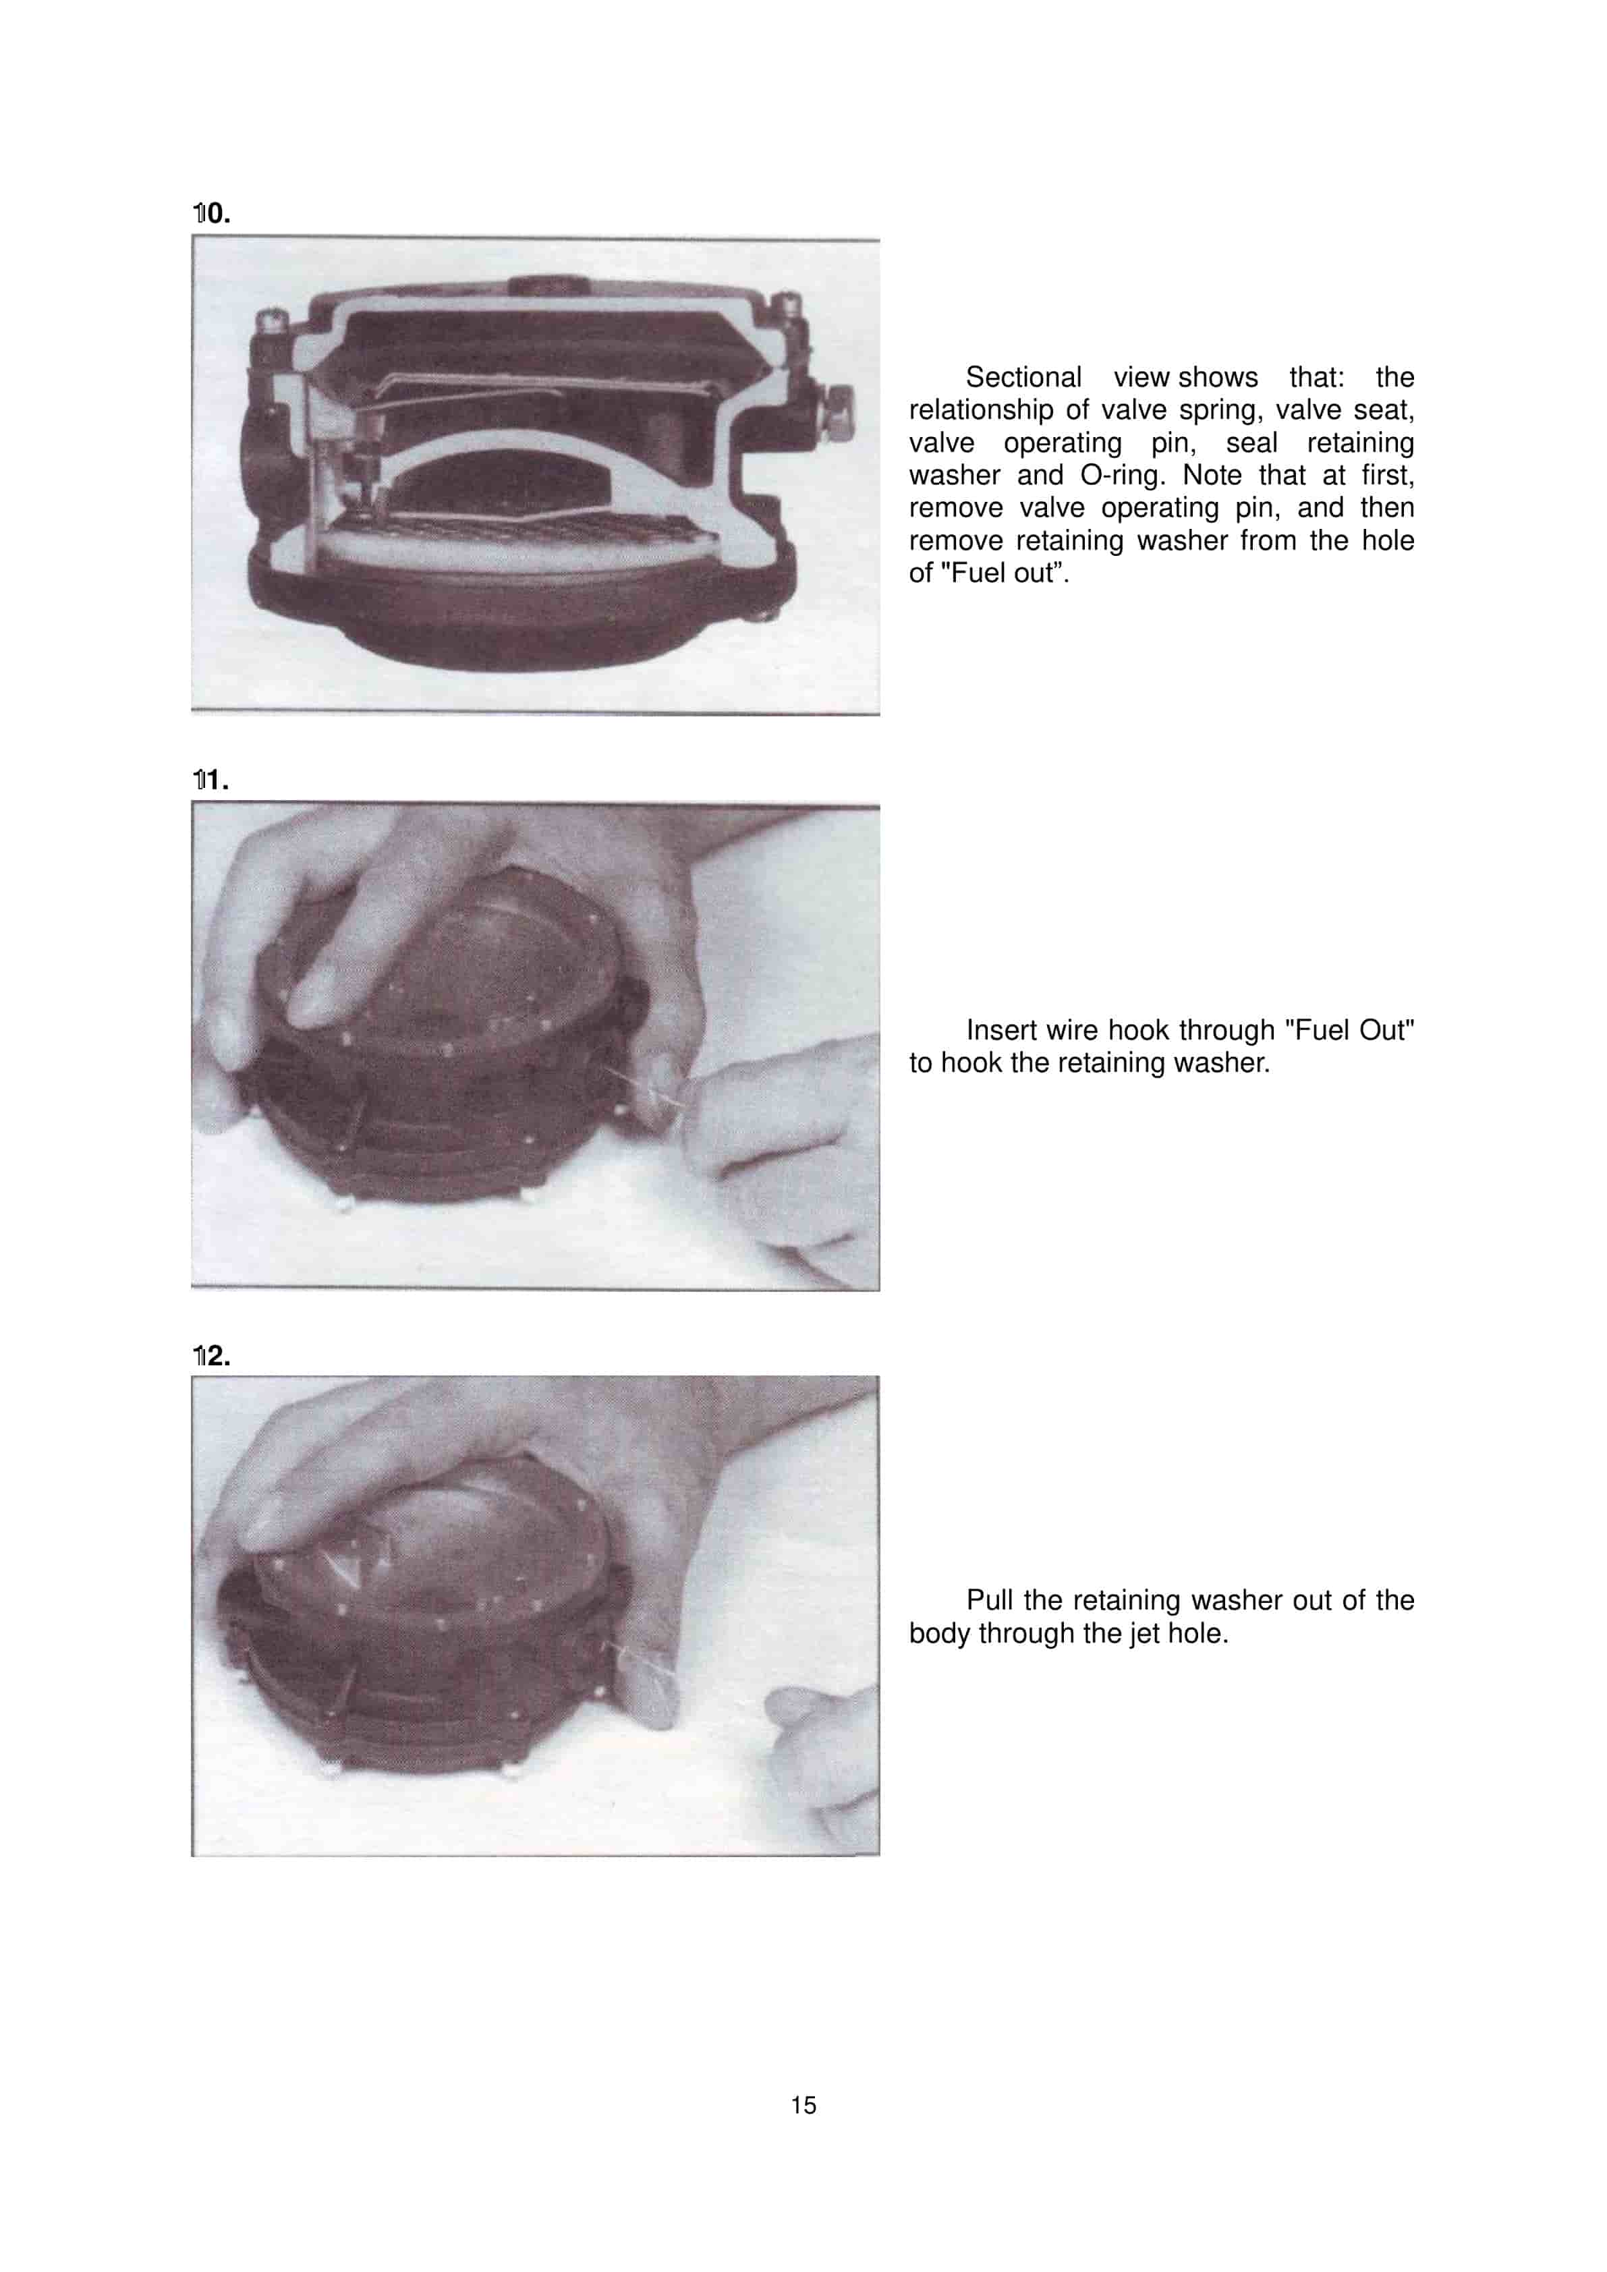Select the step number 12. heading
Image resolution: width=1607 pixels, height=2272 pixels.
click(x=212, y=1356)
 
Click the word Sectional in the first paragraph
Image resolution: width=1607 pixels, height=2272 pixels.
click(x=1023, y=377)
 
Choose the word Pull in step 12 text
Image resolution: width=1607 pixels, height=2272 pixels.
click(x=990, y=1600)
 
